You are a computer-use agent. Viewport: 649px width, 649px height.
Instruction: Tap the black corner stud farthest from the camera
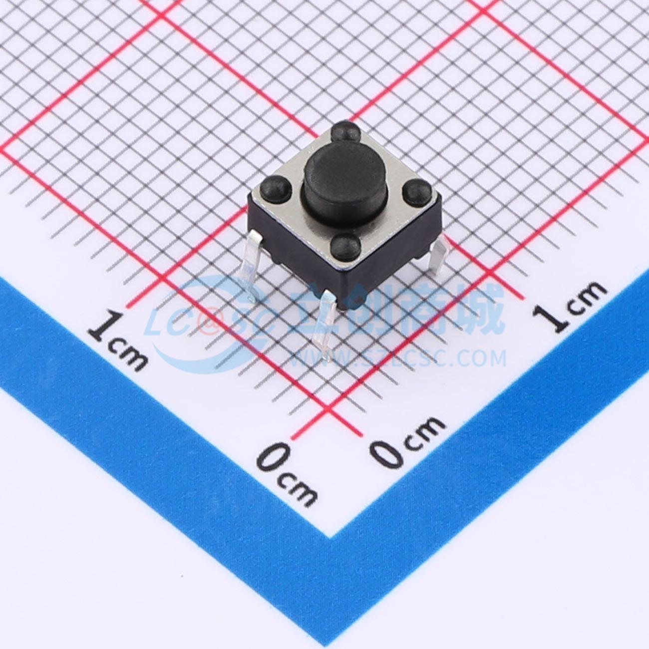click(x=345, y=131)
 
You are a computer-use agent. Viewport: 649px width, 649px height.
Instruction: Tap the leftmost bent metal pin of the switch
click(x=251, y=266)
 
